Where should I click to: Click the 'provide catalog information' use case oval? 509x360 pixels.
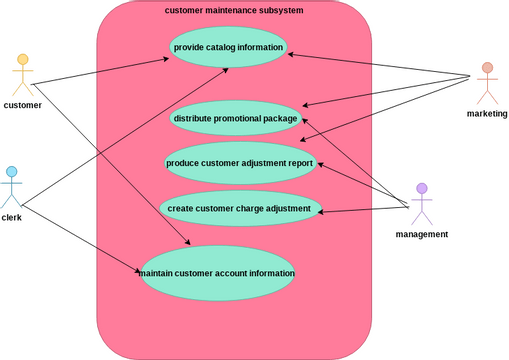coord(229,47)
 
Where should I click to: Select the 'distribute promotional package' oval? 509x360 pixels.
coord(236,118)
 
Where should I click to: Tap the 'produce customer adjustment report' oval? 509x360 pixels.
coord(240,163)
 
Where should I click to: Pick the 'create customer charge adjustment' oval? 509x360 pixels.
coord(240,208)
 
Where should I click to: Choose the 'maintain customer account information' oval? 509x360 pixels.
coord(217,272)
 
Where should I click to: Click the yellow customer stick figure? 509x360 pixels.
coord(22,76)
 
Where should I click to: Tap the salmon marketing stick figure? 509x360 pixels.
coord(487,84)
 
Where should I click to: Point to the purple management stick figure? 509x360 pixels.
coord(422,204)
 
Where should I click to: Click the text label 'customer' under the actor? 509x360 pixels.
coord(22,105)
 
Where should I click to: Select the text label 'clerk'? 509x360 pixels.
coord(12,217)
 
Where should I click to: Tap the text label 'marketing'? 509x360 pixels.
coord(487,114)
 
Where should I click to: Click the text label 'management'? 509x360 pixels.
coord(422,234)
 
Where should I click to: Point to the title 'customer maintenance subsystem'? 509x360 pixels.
coord(234,10)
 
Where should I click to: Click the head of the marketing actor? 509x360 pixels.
coord(487,69)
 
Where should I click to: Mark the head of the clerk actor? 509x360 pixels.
coord(12,172)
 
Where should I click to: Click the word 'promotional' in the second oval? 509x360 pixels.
coord(242,118)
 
